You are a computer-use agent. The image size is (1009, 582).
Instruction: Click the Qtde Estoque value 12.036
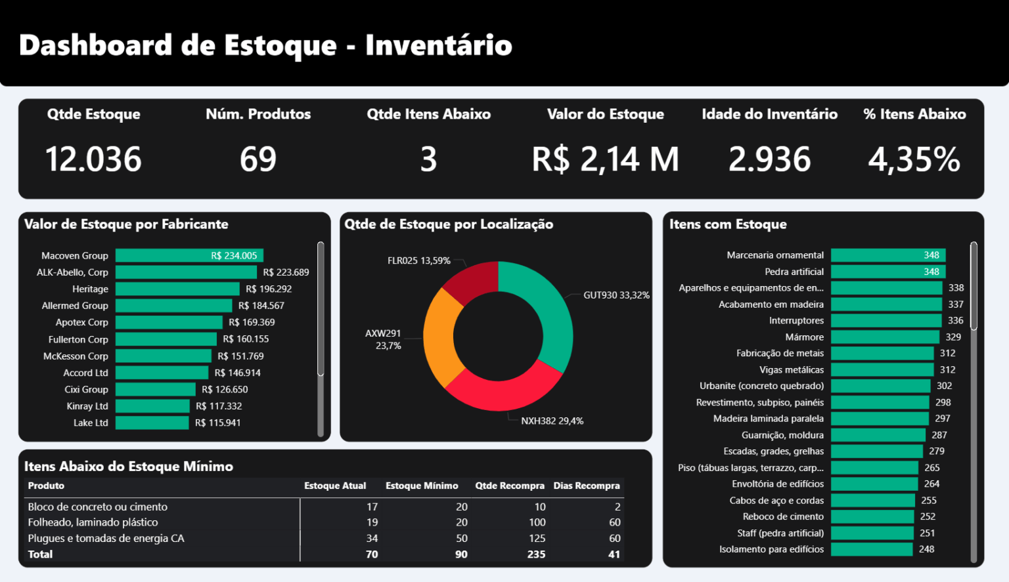[93, 159]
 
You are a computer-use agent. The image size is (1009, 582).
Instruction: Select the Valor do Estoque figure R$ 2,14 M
[605, 159]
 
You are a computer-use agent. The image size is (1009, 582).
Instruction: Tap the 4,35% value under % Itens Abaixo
[914, 159]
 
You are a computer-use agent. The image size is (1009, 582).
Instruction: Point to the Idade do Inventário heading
[769, 114]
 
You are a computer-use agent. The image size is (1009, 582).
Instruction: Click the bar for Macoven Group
[189, 256]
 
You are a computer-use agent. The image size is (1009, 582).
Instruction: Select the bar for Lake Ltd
[152, 423]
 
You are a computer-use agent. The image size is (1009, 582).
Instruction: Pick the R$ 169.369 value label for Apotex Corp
[252, 322]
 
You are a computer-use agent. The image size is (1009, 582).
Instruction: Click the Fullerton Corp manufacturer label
[78, 339]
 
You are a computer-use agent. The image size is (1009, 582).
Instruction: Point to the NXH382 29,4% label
[552, 421]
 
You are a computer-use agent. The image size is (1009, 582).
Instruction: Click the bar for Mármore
[884, 337]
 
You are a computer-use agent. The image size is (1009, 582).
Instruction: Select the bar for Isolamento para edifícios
[871, 549]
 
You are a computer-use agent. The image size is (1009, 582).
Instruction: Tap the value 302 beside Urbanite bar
[944, 386]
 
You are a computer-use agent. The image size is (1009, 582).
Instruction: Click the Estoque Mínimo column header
[422, 486]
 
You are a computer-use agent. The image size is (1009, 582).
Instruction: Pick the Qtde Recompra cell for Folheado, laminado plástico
[537, 522]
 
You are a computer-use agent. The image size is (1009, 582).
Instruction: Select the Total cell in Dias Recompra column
[614, 554]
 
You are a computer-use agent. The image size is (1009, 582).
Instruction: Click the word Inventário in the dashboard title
[438, 45]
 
